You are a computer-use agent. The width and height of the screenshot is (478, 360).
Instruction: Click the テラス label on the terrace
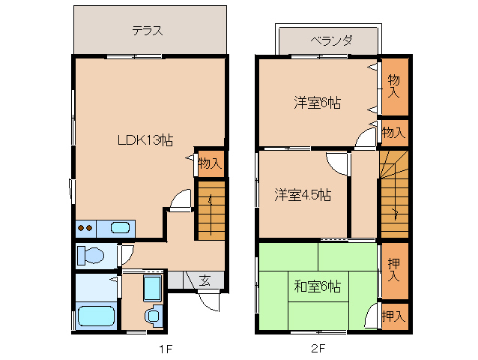point(148,31)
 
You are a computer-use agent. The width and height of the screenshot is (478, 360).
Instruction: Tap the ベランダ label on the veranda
point(331,40)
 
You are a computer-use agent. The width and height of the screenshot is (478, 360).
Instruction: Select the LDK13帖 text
point(145,139)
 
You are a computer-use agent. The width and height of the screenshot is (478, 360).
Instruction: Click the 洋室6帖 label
point(316,103)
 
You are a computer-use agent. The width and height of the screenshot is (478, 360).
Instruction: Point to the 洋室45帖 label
point(302,195)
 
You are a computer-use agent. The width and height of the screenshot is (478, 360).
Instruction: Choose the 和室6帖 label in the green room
point(317,286)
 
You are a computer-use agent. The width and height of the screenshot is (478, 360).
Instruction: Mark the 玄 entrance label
point(205,280)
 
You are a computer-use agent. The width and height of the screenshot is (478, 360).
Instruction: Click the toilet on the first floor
point(91,255)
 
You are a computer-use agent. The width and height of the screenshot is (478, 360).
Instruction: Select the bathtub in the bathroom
point(95,316)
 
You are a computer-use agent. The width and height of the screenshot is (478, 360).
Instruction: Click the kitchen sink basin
point(120,228)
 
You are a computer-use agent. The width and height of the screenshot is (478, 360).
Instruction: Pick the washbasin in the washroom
point(153,316)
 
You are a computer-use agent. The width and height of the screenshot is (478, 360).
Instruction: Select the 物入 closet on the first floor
point(210,163)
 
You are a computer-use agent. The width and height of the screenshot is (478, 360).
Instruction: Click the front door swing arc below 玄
point(210,300)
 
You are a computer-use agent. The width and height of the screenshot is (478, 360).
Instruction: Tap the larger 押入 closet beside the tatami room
point(394,270)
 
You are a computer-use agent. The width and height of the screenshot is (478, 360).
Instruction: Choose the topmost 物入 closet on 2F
point(394,86)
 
